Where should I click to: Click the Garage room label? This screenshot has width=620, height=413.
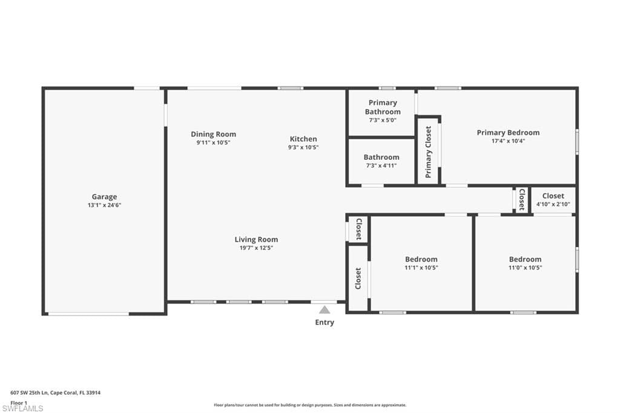(104, 197)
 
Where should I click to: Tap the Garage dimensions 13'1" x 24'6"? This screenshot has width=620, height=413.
(104, 205)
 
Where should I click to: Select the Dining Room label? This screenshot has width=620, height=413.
(214, 134)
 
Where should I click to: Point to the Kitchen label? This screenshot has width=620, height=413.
(303, 139)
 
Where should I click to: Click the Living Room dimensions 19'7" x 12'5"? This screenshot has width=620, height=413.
(256, 248)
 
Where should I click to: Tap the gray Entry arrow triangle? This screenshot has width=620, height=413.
(325, 309)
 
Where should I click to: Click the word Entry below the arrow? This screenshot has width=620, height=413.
(325, 322)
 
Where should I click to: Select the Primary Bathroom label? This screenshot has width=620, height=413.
(383, 107)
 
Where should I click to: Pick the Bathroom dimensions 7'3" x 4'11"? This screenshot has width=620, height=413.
(381, 166)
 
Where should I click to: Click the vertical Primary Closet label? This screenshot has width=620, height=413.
(428, 152)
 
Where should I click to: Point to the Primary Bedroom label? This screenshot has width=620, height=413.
(508, 133)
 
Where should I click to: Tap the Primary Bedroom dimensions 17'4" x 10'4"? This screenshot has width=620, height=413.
(508, 141)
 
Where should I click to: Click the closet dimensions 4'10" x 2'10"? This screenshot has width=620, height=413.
(553, 204)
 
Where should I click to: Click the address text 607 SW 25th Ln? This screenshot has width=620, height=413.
(29, 393)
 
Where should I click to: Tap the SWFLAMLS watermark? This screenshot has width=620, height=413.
(22, 408)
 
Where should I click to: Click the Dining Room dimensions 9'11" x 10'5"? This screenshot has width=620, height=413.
(214, 142)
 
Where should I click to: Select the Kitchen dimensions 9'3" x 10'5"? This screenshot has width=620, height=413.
(303, 147)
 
